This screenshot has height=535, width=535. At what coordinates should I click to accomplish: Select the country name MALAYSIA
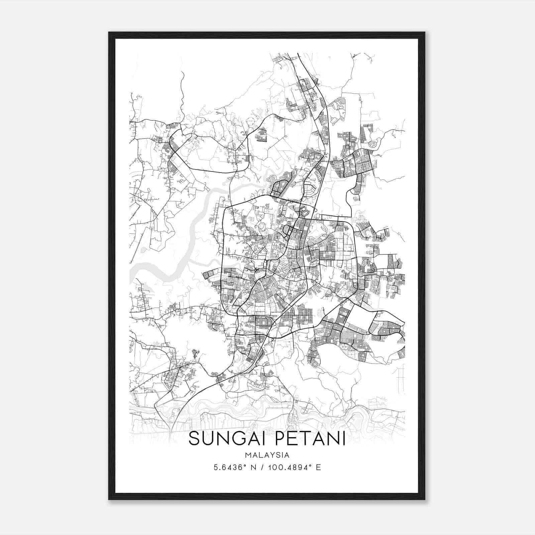click(267, 455)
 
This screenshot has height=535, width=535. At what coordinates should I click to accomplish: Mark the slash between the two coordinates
click(265, 467)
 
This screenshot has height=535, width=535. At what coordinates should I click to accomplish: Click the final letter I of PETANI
click(343, 438)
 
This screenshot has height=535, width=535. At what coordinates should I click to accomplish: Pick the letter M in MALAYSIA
click(247, 455)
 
